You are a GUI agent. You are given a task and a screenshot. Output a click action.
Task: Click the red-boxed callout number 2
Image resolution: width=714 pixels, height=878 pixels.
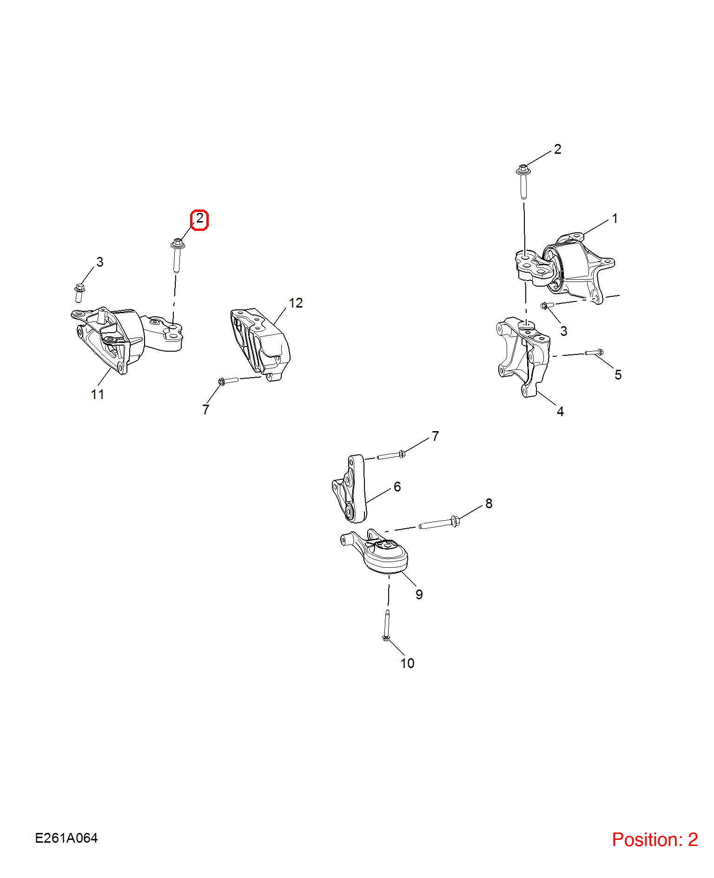199,218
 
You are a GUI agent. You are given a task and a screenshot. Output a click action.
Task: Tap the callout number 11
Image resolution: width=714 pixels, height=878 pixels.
98,394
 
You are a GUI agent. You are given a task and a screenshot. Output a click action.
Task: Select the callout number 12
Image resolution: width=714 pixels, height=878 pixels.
296,303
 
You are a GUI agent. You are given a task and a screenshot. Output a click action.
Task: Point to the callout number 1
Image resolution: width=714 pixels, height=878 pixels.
615,218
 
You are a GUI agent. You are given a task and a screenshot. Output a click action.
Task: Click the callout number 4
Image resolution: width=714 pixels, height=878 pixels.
561,412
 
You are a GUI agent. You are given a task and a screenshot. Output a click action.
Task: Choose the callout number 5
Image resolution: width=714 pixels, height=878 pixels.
618,375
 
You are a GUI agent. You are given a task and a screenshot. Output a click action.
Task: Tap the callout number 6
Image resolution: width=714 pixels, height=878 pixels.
397,487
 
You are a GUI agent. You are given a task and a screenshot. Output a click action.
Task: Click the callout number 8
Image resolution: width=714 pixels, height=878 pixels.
489,504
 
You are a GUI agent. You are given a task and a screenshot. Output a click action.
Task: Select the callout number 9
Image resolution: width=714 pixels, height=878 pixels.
419,595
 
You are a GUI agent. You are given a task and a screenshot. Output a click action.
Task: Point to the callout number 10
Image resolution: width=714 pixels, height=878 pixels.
407,663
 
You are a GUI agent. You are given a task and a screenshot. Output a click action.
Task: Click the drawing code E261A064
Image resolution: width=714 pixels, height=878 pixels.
66,838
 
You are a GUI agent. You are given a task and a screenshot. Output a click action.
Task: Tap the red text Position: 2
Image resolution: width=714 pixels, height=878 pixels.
655,840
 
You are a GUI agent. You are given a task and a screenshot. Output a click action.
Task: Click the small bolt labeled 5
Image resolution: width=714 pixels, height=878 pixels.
595,353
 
